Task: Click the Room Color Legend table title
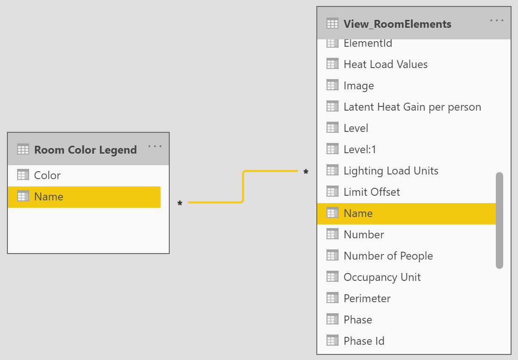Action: click(x=86, y=150)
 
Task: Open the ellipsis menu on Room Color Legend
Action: click(x=155, y=147)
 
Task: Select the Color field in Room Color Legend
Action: click(x=47, y=175)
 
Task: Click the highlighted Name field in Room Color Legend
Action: click(x=49, y=197)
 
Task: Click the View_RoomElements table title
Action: click(x=397, y=24)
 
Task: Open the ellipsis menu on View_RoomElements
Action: click(x=497, y=20)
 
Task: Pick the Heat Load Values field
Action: click(x=385, y=64)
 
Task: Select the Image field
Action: click(x=358, y=86)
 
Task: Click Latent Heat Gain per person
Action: click(x=412, y=107)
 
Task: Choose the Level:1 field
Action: click(x=360, y=149)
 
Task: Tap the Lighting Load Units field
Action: click(x=391, y=171)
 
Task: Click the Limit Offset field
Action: click(x=371, y=192)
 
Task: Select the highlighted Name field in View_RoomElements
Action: click(x=358, y=213)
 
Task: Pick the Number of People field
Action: click(x=388, y=256)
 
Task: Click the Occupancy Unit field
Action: click(x=382, y=277)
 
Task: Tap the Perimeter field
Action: click(x=367, y=298)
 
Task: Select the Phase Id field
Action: click(x=364, y=341)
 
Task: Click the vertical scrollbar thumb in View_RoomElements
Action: click(x=499, y=220)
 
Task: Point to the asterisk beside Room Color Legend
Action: click(x=180, y=204)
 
